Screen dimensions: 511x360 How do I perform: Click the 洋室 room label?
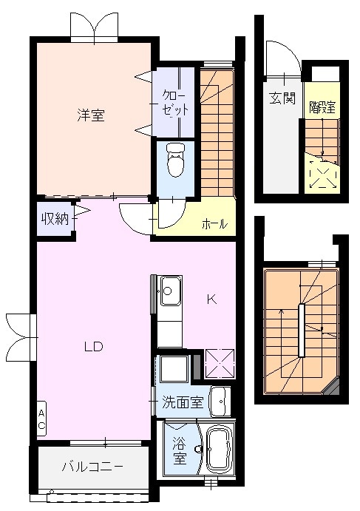(92, 115)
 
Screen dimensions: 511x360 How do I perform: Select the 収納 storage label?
(54, 219)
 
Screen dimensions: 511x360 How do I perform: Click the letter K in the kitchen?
(211, 300)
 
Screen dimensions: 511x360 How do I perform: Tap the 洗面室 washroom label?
(183, 403)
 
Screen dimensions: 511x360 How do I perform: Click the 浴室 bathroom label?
(180, 451)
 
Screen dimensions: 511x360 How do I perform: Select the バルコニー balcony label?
(92, 467)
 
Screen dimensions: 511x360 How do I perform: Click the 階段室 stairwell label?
(322, 105)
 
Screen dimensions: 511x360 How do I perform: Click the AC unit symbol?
(42, 420)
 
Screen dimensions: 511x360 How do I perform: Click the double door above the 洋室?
(93, 26)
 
